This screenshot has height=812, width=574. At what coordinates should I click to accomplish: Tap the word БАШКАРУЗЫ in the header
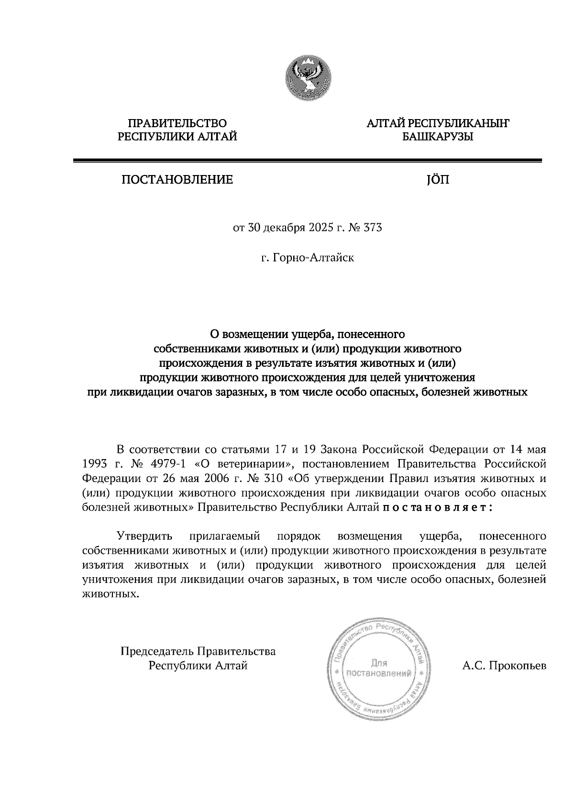click(x=438, y=138)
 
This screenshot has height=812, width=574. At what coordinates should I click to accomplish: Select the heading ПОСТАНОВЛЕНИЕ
click(x=177, y=180)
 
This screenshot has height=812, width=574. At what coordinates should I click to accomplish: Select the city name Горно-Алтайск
click(x=313, y=258)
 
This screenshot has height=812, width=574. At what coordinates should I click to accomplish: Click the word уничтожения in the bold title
click(x=440, y=377)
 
